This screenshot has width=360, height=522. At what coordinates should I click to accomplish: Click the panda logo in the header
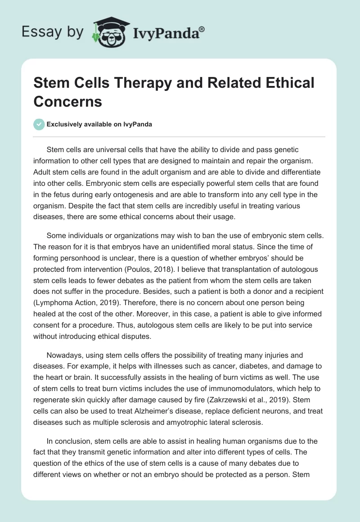[108, 32]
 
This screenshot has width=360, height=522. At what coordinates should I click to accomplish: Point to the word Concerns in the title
[68, 101]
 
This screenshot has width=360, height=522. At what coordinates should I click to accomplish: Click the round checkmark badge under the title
[39, 124]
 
